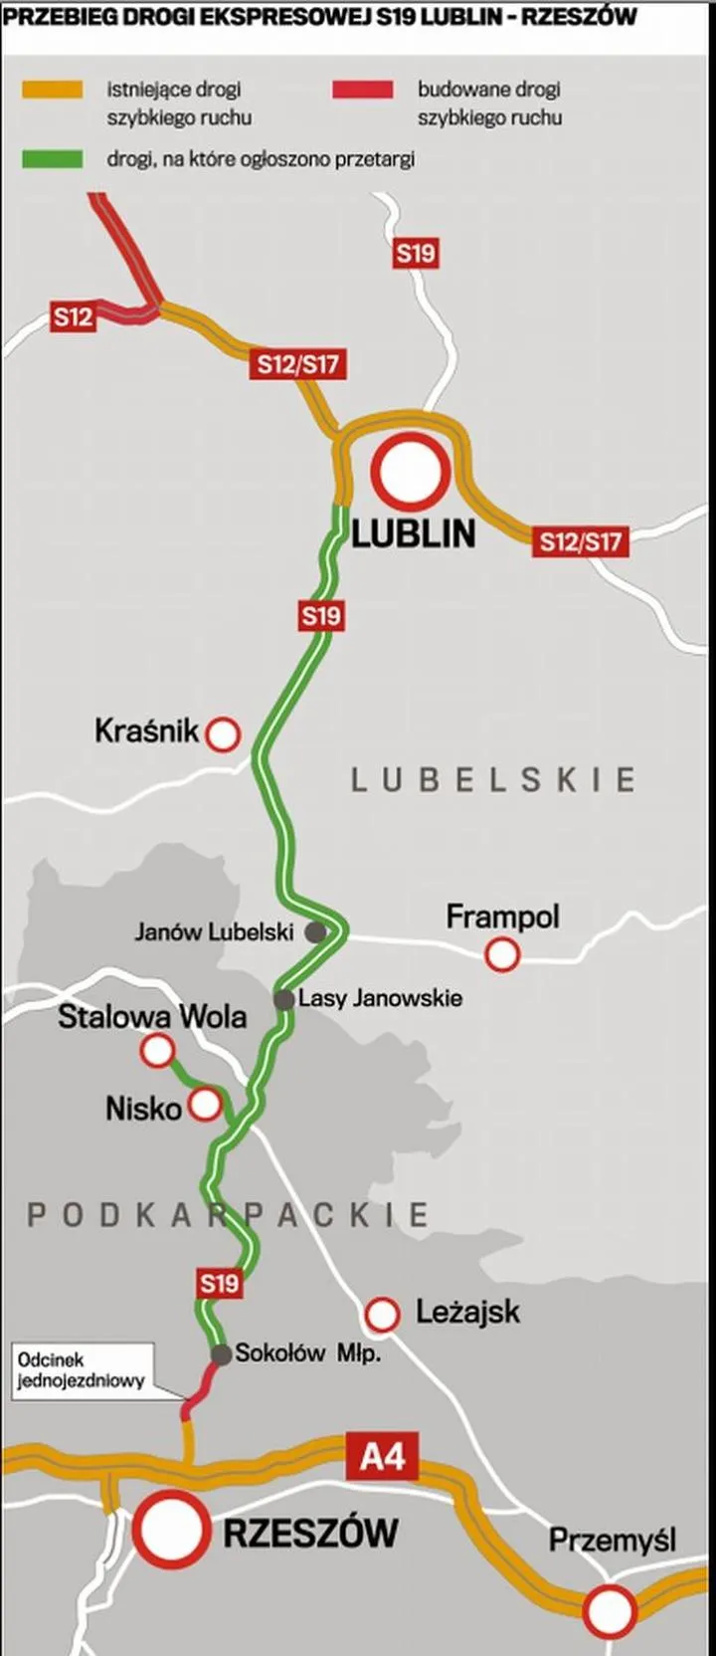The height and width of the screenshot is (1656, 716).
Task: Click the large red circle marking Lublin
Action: tap(413, 473)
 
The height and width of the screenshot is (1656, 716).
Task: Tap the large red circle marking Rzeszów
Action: tap(172, 1530)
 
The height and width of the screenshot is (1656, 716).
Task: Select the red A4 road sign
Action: tap(382, 1458)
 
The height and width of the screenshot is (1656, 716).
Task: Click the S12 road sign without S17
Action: tap(73, 317)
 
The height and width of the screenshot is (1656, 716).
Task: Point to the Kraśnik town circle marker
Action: tap(223, 734)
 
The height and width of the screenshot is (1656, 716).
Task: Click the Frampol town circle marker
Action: tap(502, 955)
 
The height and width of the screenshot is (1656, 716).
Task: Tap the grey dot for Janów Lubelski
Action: tap(314, 932)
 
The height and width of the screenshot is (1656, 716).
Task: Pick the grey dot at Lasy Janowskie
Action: tap(284, 999)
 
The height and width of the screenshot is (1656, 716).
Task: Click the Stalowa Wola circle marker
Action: tap(157, 1050)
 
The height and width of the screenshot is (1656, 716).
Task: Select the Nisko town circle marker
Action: tap(205, 1105)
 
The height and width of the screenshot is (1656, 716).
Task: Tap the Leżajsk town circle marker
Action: tap(382, 1314)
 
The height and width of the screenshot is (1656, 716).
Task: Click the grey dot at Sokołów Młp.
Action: tap(221, 1354)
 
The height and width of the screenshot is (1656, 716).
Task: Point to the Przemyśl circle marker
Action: tap(609, 1609)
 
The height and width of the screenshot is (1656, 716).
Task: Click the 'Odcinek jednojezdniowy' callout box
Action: tap(83, 1370)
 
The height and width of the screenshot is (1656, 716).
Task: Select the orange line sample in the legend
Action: tap(52, 91)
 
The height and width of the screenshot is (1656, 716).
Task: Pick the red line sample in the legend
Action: tap(363, 91)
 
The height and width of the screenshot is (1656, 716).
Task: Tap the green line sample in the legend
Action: tap(52, 159)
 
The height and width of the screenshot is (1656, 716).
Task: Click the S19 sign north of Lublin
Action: tap(416, 253)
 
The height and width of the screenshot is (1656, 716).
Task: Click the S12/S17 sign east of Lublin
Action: tap(580, 541)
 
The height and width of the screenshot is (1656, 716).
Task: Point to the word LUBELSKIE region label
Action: tap(493, 779)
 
